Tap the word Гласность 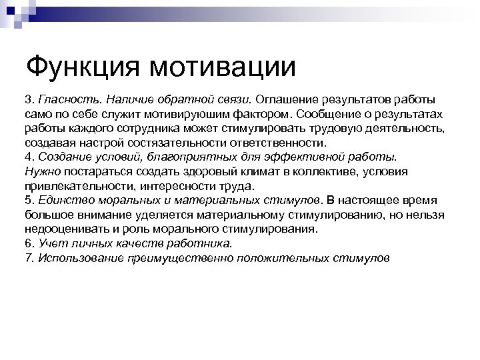pos(70,100)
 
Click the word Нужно pos(41,171)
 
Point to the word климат pos(251,171)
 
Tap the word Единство pos(63,200)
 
